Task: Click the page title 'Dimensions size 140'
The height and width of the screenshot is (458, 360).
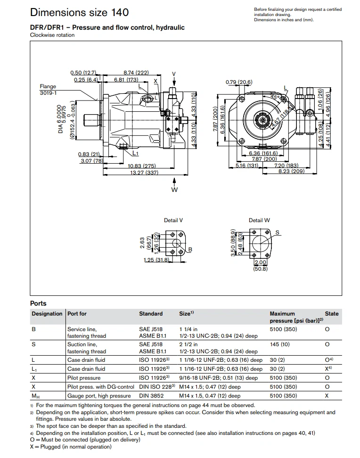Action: coord(79,12)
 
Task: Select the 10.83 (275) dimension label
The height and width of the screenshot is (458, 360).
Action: coord(142,166)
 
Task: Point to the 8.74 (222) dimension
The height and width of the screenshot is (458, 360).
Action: coord(136,73)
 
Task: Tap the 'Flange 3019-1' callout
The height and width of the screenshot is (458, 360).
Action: coord(48,90)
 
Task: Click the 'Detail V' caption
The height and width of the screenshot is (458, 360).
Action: coord(173,220)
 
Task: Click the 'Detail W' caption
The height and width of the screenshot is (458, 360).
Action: coord(259,220)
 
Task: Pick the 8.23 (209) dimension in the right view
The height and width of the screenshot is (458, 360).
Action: coord(291,172)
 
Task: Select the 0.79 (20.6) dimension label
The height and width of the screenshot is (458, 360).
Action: coord(239,82)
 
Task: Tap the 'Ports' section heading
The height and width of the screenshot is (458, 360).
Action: coord(38,303)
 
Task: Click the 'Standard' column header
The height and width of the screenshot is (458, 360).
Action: coord(151,314)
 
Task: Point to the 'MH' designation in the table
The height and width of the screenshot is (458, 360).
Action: coord(35,396)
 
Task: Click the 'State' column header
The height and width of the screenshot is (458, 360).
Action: coord(331,314)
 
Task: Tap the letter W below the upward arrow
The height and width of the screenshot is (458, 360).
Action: coord(174,190)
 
